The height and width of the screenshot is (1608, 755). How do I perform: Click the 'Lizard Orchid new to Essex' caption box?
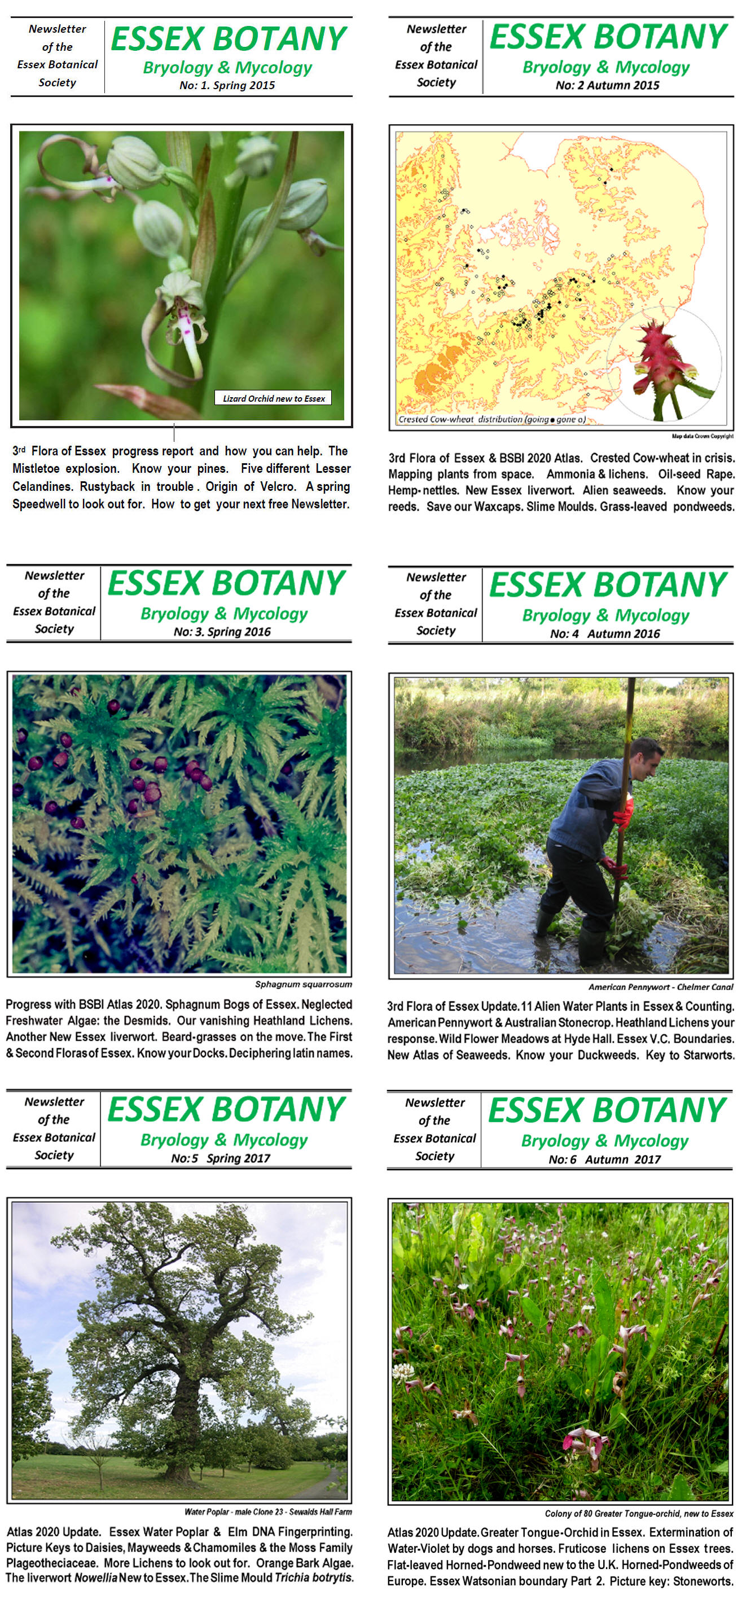(x=274, y=398)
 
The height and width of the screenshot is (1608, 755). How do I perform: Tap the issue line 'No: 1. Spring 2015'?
(x=227, y=86)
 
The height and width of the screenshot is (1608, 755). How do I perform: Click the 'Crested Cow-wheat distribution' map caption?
(x=492, y=419)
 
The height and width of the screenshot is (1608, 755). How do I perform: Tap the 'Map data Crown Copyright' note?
(x=702, y=436)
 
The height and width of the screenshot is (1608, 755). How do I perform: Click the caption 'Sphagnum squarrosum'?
(x=303, y=985)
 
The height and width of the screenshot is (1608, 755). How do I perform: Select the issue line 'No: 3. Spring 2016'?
(x=222, y=632)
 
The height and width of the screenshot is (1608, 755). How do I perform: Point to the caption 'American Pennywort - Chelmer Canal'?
(x=660, y=987)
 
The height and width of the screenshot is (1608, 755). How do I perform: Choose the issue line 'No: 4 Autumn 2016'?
(x=604, y=634)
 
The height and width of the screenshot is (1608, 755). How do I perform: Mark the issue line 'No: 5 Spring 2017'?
(x=221, y=1158)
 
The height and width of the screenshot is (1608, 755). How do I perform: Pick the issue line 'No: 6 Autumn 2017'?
(x=604, y=1160)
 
